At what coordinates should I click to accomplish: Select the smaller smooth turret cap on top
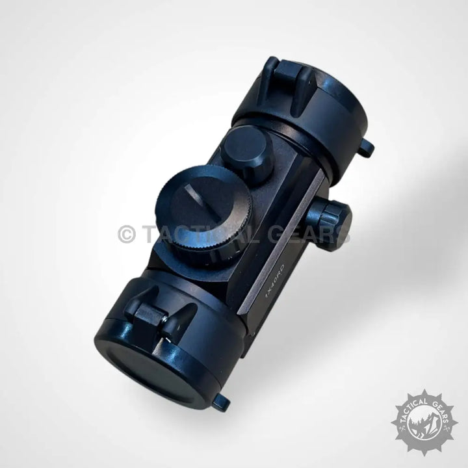pos(247,152)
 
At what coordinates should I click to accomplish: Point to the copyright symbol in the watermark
pos(127,234)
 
